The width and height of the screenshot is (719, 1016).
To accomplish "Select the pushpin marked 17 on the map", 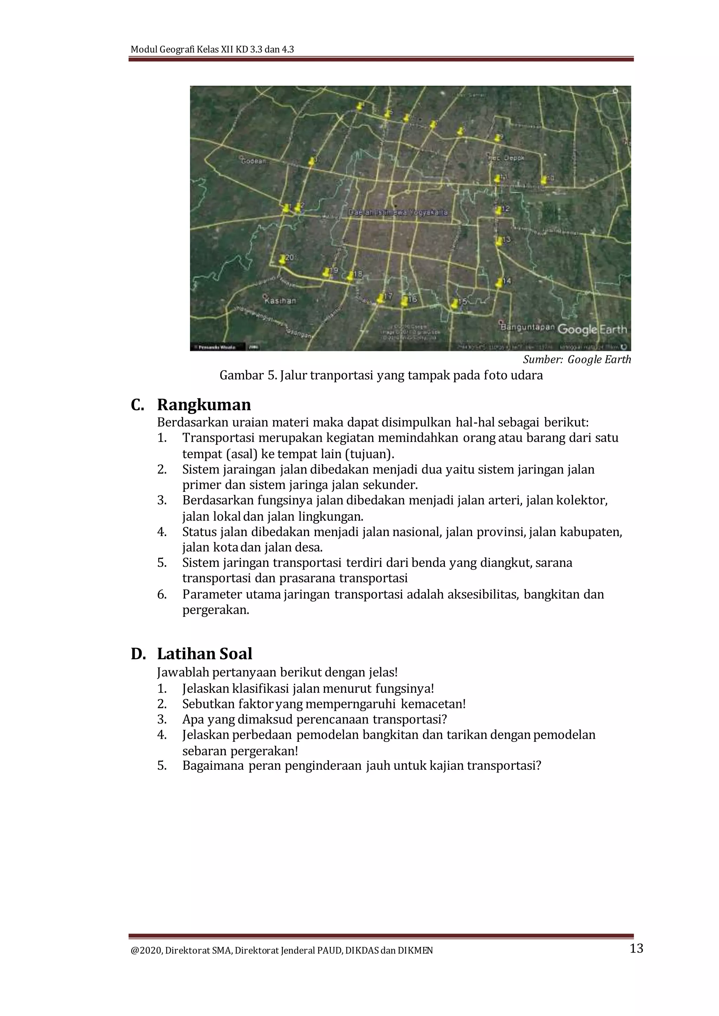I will pos(380,298).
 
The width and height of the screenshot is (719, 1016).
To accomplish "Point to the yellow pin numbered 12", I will pos(499,210).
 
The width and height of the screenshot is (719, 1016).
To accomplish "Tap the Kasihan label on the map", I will pos(280,300).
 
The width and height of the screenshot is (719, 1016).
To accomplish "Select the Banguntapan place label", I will pos(527,327).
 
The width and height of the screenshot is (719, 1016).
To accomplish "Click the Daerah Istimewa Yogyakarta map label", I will pos(398,212).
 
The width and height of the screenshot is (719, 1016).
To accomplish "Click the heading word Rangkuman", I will pos(204,405).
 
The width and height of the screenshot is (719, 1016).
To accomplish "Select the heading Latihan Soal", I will pos(205,654).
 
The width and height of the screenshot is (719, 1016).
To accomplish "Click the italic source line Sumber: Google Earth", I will pos(576,359).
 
